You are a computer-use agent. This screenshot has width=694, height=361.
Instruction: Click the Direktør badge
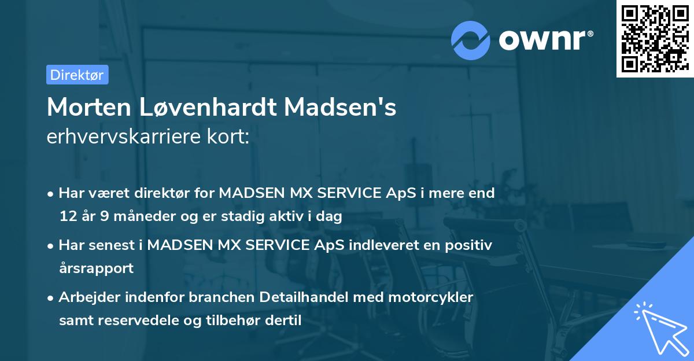pyautogui.click(x=77, y=75)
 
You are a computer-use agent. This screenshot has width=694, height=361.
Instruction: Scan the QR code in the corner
pyautogui.click(x=654, y=39)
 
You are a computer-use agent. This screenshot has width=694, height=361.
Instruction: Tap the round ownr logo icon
pyautogui.click(x=471, y=40)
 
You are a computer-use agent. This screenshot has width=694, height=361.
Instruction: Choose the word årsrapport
pyautogui.click(x=96, y=268)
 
